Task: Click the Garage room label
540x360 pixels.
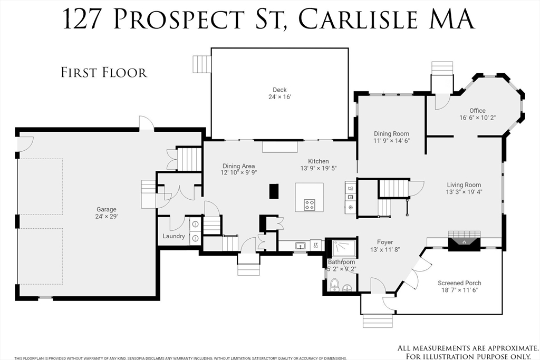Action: coord(106,209)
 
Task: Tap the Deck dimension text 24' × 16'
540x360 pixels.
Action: coord(279,97)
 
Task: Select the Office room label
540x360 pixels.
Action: coord(477,111)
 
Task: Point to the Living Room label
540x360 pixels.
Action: coord(464,185)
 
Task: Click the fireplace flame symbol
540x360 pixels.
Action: coord(464,242)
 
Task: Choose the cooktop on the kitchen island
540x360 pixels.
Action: coord(309,205)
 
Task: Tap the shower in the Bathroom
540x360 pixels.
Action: coord(344,248)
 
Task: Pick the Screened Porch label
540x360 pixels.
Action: coord(459,283)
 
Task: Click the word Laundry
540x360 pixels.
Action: coord(173,236)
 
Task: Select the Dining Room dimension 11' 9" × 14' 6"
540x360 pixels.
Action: coord(392,141)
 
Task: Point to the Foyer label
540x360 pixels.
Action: coord(384,242)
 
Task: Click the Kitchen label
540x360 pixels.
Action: coord(318,161)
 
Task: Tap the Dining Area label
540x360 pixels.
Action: coord(239,166)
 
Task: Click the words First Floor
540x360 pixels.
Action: coord(104,73)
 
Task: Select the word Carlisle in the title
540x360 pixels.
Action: coord(357,19)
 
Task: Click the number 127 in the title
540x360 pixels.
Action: coord(82,19)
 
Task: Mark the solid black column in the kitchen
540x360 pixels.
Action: coord(274,191)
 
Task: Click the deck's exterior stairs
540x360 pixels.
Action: coord(202,64)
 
